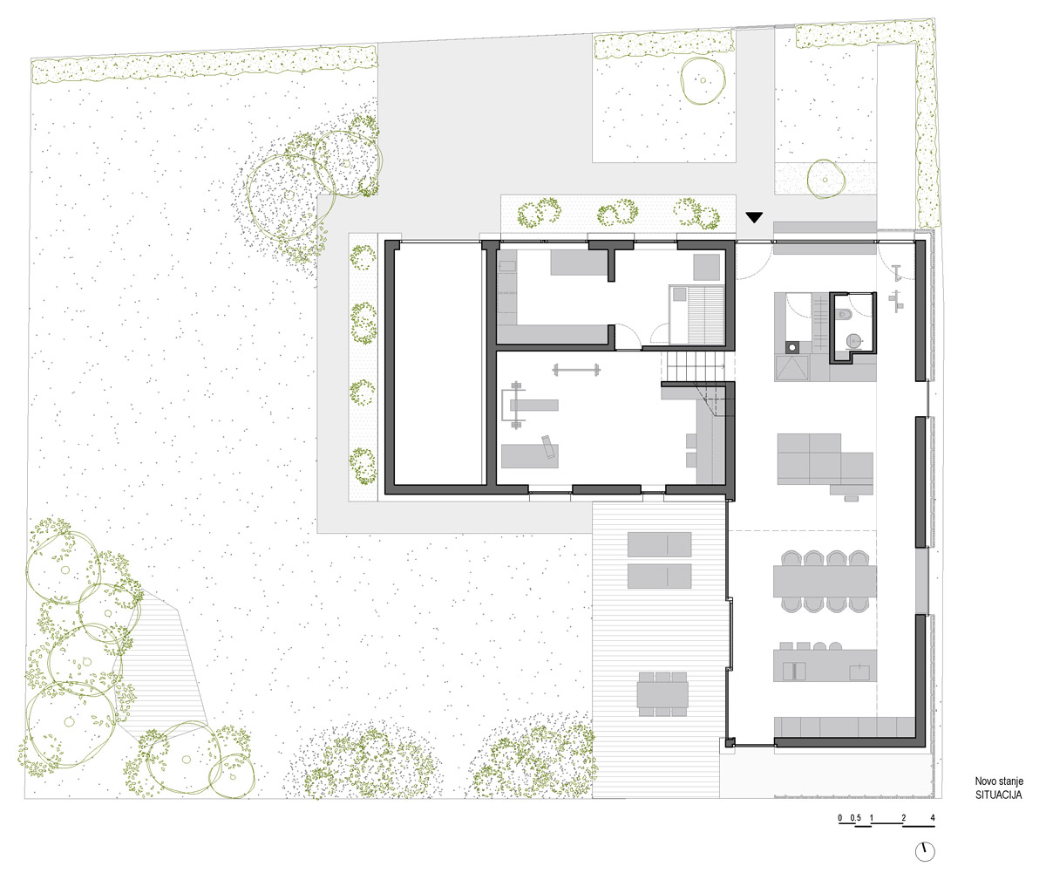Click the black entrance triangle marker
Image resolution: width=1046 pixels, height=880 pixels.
[754, 217]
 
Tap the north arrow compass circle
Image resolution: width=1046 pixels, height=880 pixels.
[925, 851]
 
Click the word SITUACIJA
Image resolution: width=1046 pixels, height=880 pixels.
[998, 795]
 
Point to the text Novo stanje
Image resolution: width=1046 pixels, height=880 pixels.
[999, 781]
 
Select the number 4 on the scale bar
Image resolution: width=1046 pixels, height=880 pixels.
[933, 818]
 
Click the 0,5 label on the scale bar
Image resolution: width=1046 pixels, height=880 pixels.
[856, 818]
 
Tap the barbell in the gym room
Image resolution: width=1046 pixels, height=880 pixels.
[576, 370]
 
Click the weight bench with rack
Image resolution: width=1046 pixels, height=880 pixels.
[529, 405]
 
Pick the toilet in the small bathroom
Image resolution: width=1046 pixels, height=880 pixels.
[844, 314]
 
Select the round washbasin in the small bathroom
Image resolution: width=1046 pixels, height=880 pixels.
[853, 341]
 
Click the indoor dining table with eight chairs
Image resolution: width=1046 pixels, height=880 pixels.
[825, 582]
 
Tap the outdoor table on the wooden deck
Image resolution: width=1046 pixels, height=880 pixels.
[662, 694]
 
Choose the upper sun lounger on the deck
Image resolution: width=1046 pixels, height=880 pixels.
[659, 544]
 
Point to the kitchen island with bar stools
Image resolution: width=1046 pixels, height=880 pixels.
[825, 662]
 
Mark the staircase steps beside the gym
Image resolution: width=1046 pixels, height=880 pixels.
[694, 365]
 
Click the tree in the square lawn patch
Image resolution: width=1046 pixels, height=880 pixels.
[703, 81]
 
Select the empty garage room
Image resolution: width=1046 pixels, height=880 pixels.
[438, 367]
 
